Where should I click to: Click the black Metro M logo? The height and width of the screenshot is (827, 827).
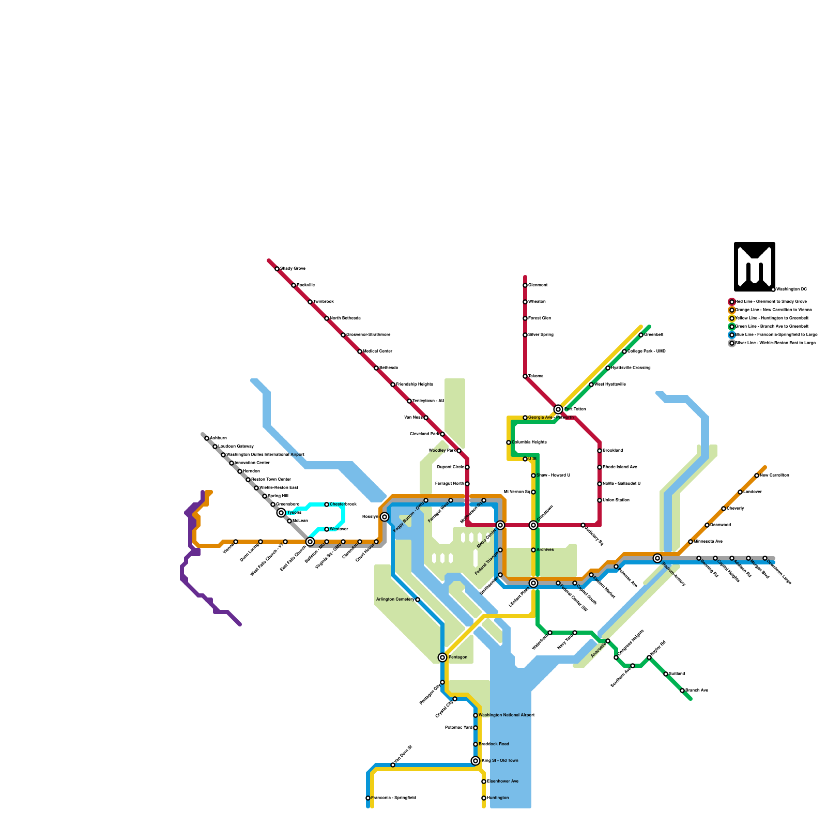pyautogui.click(x=754, y=266)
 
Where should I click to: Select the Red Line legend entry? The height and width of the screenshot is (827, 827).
pyautogui.click(x=770, y=301)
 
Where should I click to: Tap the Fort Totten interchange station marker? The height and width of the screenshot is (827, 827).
pyautogui.click(x=558, y=409)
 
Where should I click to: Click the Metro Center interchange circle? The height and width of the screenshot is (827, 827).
pyautogui.click(x=500, y=525)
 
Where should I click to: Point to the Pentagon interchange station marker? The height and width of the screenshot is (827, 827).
pyautogui.click(x=442, y=657)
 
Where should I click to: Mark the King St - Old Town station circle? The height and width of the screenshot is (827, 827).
pyautogui.click(x=476, y=761)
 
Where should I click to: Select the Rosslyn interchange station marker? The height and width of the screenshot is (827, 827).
pyautogui.click(x=385, y=517)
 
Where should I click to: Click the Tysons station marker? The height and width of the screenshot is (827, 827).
pyautogui.click(x=281, y=513)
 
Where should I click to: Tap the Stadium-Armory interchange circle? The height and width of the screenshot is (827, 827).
pyautogui.click(x=657, y=558)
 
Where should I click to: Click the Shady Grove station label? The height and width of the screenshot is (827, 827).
pyautogui.click(x=293, y=269)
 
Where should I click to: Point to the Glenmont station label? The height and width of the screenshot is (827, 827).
pyautogui.click(x=538, y=285)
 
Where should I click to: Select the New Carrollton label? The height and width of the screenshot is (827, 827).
pyautogui.click(x=774, y=476)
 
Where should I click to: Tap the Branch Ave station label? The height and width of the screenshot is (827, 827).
pyautogui.click(x=697, y=691)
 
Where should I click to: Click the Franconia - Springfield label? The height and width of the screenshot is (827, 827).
pyautogui.click(x=393, y=798)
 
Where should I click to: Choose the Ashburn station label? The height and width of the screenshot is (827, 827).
pyautogui.click(x=218, y=438)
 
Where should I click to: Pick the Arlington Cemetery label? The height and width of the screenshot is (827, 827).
pyautogui.click(x=395, y=600)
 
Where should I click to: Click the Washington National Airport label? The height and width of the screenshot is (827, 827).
pyautogui.click(x=507, y=715)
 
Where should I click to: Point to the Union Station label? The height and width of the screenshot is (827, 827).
pyautogui.click(x=616, y=500)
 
